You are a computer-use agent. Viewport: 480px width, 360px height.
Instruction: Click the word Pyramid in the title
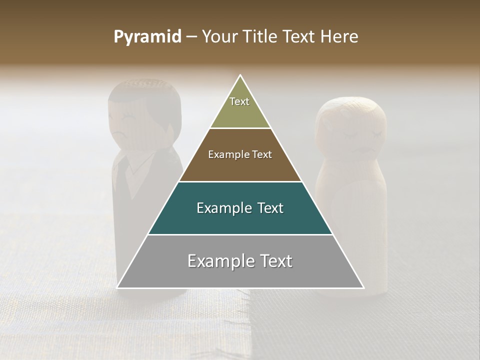click(147, 37)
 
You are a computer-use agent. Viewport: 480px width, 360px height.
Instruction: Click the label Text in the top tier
click(239, 101)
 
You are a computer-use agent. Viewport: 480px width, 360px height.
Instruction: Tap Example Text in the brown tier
click(240, 154)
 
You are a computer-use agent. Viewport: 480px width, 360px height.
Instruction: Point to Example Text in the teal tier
click(240, 208)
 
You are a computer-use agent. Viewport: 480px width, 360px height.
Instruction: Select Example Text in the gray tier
click(240, 261)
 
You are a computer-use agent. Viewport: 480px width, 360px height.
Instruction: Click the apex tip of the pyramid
click(240, 76)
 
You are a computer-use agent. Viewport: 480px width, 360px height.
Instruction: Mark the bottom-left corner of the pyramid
click(118, 287)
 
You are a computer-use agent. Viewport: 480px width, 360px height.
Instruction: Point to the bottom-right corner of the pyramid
click(363, 287)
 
